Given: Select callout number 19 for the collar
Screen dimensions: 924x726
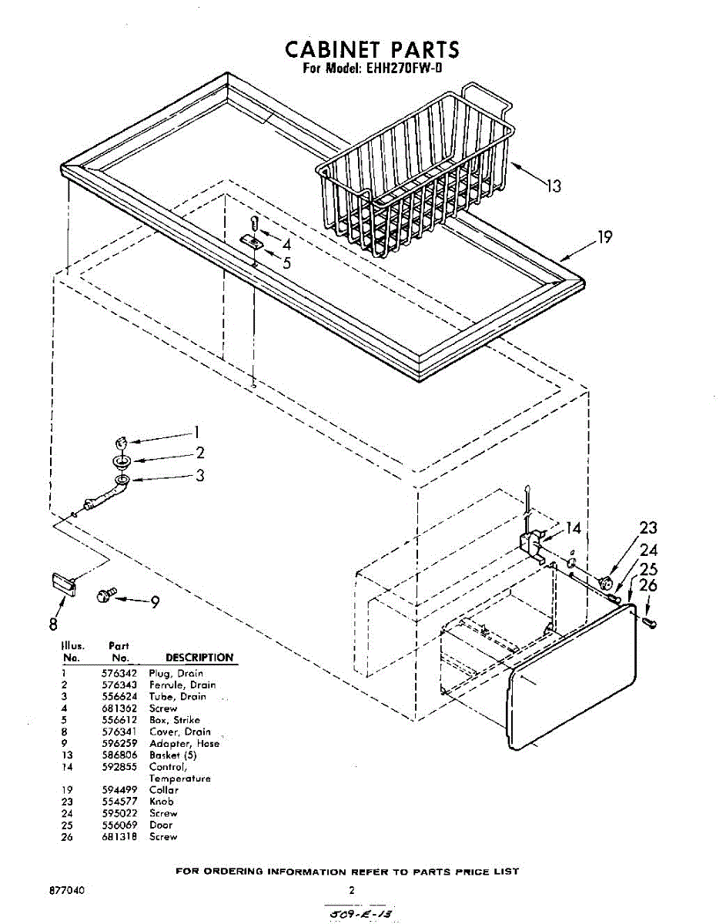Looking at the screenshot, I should coord(605,236).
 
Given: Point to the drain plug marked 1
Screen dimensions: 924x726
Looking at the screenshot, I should coord(120,442).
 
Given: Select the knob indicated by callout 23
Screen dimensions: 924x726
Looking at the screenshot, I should coord(605,580).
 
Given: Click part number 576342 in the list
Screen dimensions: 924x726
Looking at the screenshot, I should coord(119,673).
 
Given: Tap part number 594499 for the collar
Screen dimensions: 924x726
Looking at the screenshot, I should coord(119,790).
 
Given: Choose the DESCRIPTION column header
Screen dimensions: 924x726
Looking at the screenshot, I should coord(199,658).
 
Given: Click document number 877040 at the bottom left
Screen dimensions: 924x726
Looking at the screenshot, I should coord(66,890).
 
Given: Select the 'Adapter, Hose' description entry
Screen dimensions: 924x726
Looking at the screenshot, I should coord(184,744).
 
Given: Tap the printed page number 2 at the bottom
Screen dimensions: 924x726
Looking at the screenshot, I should coord(351,890).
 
